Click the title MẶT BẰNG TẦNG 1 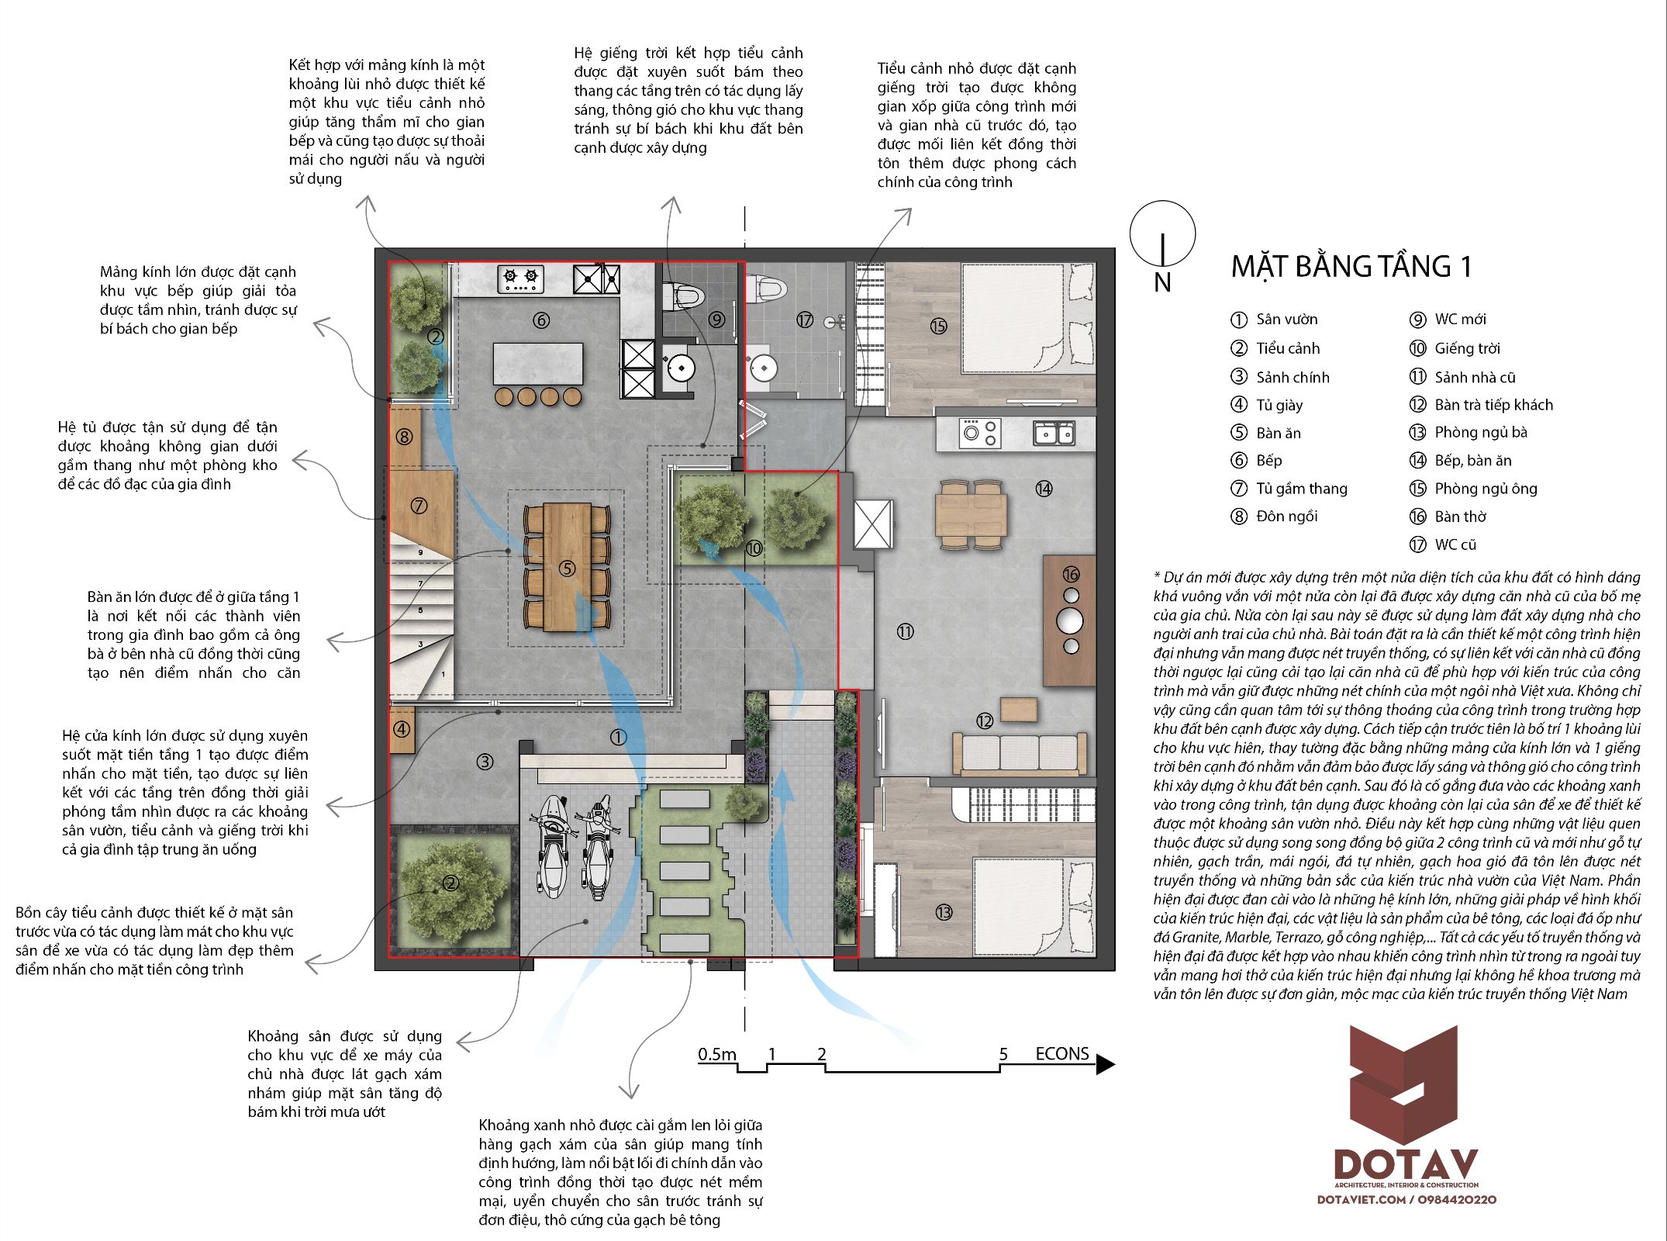[x=1351, y=266]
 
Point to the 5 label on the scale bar [x=1003, y=1054]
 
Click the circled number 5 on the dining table [x=568, y=569]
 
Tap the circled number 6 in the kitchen [x=541, y=320]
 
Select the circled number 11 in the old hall [x=905, y=631]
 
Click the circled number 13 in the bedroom [x=944, y=912]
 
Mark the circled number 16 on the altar [x=1071, y=574]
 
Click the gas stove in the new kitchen [x=520, y=279]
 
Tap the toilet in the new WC [x=682, y=296]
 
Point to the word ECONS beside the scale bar [x=1062, y=1053]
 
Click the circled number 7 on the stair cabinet [x=419, y=506]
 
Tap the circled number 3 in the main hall [x=485, y=762]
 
